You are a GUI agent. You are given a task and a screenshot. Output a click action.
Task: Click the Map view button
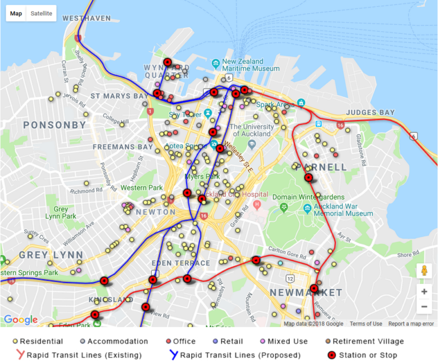(16, 13)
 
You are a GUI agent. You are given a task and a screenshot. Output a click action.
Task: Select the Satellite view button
(41, 13)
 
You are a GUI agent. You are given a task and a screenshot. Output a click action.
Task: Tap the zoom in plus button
(424, 291)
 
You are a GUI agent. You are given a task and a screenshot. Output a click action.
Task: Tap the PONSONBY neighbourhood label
(55, 125)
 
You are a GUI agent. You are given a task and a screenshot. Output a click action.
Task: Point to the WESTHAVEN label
(87, 18)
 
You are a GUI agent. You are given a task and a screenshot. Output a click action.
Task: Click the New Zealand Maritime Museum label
(251, 65)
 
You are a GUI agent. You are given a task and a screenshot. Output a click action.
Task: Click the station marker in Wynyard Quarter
(168, 62)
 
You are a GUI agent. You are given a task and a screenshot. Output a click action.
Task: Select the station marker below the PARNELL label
(309, 178)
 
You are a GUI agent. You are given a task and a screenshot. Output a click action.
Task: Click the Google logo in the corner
(21, 320)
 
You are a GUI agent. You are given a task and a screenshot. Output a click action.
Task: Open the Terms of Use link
(366, 324)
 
